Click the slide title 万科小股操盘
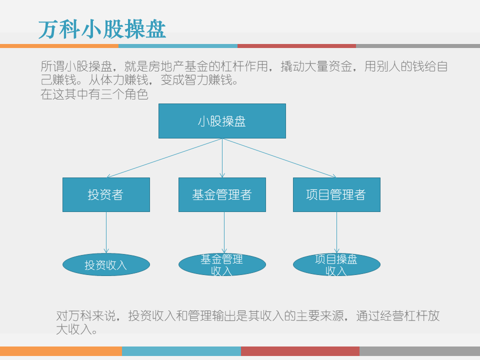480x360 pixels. pos(102,29)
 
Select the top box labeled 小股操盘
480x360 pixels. pos(222,121)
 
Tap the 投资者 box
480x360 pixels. pos(106,194)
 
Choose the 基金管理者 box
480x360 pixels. pos(222,194)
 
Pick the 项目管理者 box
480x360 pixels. pos(336,194)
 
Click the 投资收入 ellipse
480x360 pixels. pos(106,265)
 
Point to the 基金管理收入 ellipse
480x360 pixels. pos(222,265)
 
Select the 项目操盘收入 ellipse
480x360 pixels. pos(336,265)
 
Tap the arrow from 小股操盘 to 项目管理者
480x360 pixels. pos(279,158)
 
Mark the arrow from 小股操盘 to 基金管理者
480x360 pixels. pos(222,158)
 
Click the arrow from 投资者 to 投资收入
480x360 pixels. pos(106,232)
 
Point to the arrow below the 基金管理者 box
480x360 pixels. pos(224,232)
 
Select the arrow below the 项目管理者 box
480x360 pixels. pos(336,232)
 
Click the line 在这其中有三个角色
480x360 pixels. pos(94,94)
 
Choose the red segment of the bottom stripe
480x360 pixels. pos(300,351)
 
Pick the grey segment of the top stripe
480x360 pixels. pos(418,46)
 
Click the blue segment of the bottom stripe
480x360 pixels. pos(181,351)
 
